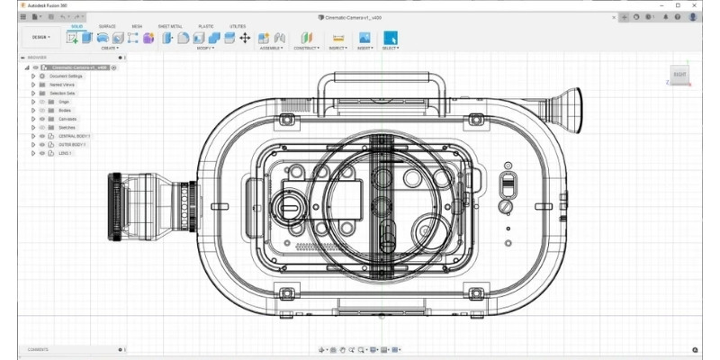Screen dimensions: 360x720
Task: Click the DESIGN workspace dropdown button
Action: (42, 37)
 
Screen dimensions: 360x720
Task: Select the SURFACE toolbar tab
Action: (107, 26)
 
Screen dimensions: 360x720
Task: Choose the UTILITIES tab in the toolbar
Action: (238, 26)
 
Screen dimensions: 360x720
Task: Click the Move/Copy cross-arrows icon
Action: (244, 38)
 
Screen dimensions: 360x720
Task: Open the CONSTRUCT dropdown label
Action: (306, 48)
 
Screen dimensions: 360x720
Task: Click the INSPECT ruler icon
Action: (338, 38)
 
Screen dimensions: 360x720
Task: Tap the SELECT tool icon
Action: (391, 38)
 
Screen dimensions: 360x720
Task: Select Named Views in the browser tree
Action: (62, 85)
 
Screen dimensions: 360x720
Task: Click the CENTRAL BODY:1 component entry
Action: (74, 136)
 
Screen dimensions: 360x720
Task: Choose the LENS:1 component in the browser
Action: (65, 153)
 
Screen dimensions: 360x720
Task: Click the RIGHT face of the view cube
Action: (680, 74)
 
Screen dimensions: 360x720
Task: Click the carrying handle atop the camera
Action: (378, 85)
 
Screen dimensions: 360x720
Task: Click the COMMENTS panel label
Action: (38, 349)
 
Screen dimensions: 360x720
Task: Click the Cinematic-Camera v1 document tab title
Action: (355, 16)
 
